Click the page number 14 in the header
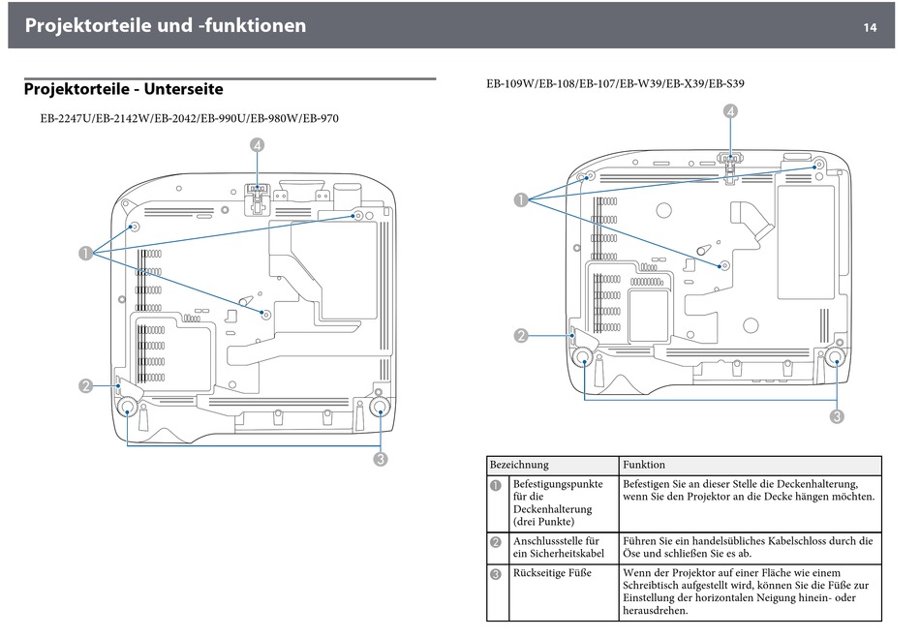(870, 27)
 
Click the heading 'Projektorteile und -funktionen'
(165, 26)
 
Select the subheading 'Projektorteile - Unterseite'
(123, 89)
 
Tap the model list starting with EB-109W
(615, 84)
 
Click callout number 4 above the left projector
(257, 145)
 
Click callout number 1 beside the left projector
(86, 254)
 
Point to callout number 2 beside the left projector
(86, 385)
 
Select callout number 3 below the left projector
(381, 459)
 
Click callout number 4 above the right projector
(728, 111)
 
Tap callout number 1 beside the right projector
(521, 200)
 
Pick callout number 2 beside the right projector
(521, 336)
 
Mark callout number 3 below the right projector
(835, 417)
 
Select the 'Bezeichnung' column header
(519, 465)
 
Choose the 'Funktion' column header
(644, 465)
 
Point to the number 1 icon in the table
(495, 484)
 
